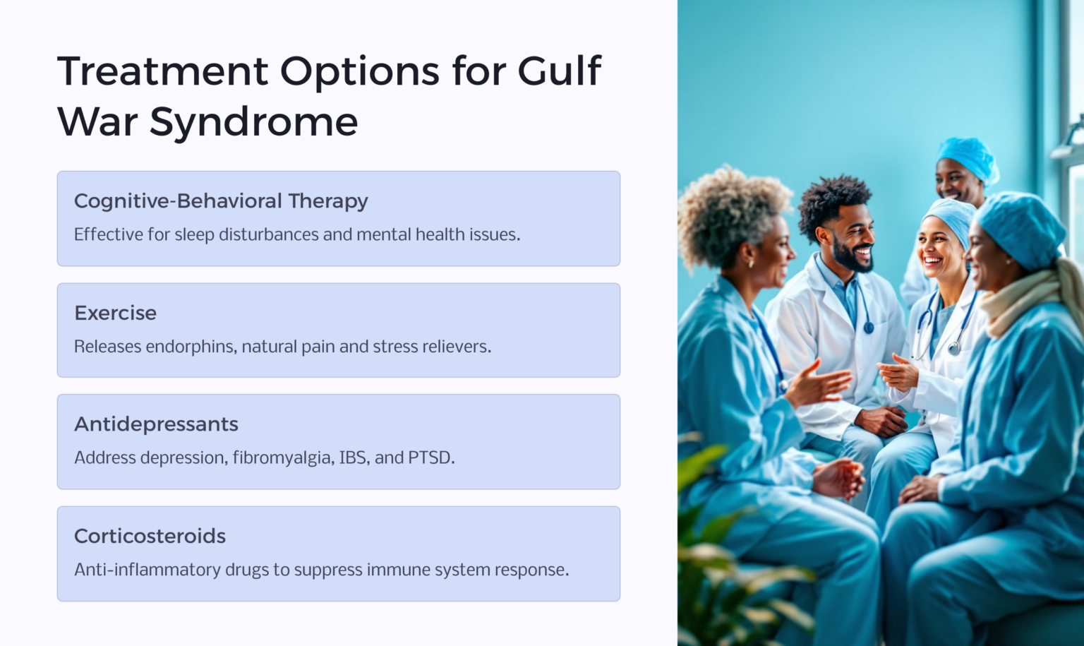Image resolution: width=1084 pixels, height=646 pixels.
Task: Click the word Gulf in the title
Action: coord(559,71)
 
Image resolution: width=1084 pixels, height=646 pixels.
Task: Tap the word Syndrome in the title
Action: coord(253,121)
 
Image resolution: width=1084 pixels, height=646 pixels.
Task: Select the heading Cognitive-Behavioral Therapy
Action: coord(221,201)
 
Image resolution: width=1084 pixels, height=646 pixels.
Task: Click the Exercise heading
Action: coord(116,313)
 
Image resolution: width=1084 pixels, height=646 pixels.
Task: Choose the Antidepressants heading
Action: coord(156,424)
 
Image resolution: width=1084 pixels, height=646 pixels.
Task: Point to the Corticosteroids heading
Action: coord(150,537)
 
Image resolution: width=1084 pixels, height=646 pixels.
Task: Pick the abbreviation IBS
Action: coord(353,458)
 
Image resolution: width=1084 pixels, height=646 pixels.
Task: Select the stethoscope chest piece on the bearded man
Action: coord(869,327)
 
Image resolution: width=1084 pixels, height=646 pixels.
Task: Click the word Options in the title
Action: coord(360,71)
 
